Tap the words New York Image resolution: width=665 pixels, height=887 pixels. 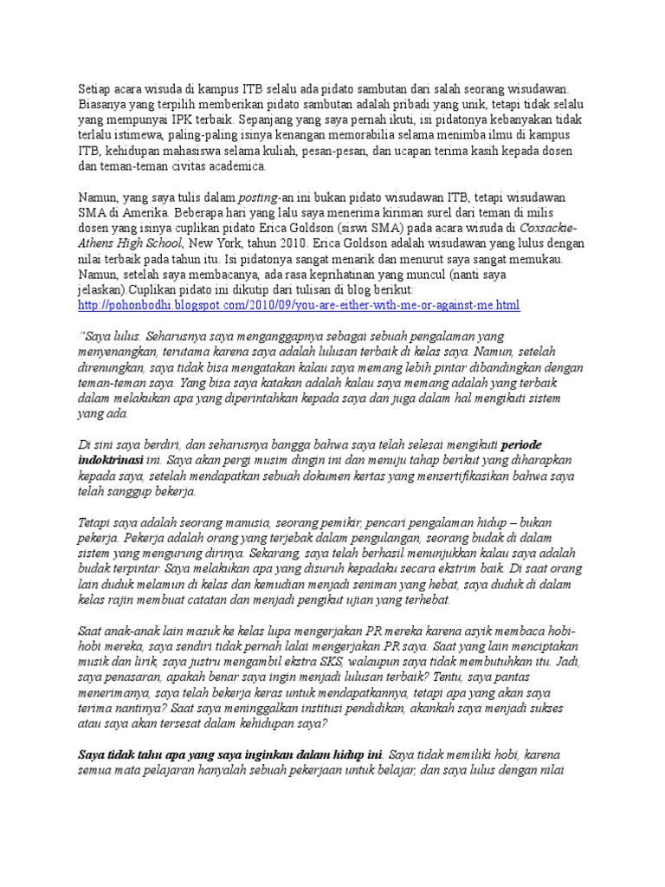pyautogui.click(x=214, y=243)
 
